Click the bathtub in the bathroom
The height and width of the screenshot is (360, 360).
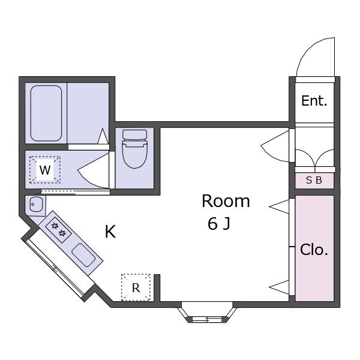[46, 113]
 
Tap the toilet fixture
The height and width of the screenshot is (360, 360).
[135, 149]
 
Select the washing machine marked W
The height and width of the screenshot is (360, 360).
[45, 170]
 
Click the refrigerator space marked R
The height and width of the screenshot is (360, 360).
[136, 287]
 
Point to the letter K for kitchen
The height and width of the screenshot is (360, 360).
[110, 232]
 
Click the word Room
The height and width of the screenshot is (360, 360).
[226, 201]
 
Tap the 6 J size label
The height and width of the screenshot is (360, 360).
[219, 224]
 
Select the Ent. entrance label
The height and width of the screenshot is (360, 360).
[314, 101]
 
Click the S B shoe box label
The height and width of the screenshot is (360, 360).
[314, 180]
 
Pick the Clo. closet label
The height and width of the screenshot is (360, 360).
[314, 250]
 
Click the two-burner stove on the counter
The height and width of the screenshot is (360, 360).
[59, 230]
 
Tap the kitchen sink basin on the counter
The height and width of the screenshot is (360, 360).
[83, 255]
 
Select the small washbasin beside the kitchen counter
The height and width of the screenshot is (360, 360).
[36, 204]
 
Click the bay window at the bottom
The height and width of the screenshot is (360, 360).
[207, 313]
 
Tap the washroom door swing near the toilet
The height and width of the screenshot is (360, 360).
[94, 171]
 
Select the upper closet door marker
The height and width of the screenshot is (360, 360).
[279, 206]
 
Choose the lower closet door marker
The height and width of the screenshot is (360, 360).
[279, 287]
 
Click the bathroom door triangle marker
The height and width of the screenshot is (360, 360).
[103, 136]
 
